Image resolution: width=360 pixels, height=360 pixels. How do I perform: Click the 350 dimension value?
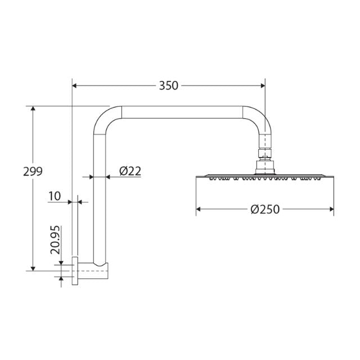pyautogui.click(x=168, y=85)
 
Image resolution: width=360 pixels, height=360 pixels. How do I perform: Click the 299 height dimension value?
pyautogui.click(x=33, y=171)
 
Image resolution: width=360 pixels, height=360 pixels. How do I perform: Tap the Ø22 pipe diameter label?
pyautogui.click(x=130, y=171)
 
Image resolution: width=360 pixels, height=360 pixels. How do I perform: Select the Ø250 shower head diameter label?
pyautogui.click(x=265, y=209)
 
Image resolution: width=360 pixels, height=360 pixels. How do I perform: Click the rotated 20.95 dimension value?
pyautogui.click(x=55, y=240)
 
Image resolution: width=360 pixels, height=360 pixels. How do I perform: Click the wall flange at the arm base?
pyautogui.click(x=75, y=271)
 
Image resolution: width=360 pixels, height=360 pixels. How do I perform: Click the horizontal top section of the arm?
pyautogui.click(x=180, y=112)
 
